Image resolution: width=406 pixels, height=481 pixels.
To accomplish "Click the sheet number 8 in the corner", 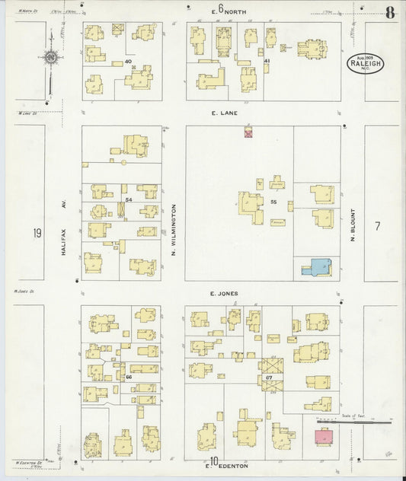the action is (389, 12).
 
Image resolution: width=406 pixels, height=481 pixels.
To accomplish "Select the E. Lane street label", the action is (225, 113).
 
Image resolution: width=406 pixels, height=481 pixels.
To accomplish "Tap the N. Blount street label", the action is (353, 226).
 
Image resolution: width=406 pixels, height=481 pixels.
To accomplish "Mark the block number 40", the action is (128, 61).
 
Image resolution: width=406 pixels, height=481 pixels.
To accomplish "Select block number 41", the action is (267, 60).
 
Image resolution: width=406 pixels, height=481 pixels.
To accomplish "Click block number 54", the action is (129, 199).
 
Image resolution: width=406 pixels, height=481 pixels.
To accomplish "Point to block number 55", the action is (273, 202).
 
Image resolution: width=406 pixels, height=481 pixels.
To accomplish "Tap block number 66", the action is (129, 376).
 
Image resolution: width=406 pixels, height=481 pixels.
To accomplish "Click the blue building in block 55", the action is (317, 266).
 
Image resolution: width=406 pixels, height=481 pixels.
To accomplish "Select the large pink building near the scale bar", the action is (324, 438).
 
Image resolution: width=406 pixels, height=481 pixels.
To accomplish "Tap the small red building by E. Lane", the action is (248, 132).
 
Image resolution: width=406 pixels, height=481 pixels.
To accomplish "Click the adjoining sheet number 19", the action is (37, 233).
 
